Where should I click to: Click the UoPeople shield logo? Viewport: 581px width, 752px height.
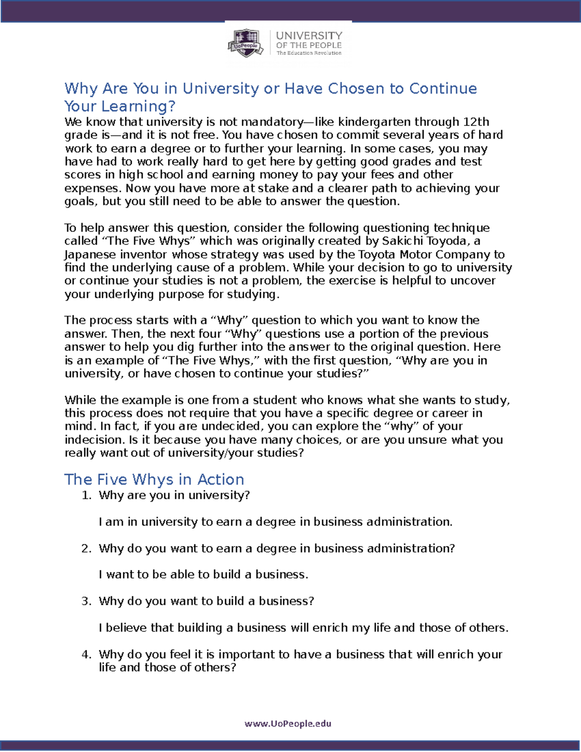click(246, 43)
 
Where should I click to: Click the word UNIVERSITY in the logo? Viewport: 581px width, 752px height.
click(309, 36)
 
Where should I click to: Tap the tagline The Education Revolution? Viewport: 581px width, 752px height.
click(309, 53)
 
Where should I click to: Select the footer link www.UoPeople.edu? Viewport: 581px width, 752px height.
click(288, 723)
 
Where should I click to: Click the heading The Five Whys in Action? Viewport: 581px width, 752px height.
click(154, 479)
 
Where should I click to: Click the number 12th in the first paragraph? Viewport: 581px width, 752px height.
click(476, 122)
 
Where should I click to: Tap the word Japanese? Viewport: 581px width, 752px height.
click(90, 255)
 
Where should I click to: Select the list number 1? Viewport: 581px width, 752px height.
click(86, 495)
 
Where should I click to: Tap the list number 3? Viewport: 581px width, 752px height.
click(86, 601)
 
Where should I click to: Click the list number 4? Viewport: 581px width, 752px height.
click(86, 655)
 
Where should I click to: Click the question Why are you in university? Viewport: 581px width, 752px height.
click(174, 495)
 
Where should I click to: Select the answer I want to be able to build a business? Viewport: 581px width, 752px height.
click(203, 575)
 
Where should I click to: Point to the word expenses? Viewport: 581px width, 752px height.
click(92, 188)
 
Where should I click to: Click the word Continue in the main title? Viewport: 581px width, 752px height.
click(443, 89)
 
